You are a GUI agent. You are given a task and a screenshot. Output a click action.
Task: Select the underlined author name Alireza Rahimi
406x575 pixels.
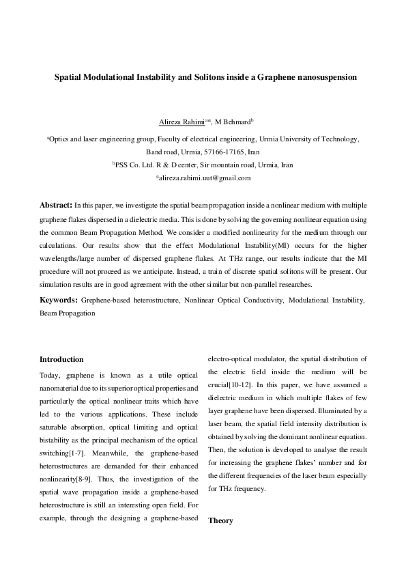click(x=181, y=122)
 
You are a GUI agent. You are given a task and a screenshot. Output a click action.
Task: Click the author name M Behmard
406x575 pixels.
click(x=232, y=122)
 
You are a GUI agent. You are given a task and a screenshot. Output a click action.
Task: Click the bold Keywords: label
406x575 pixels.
click(x=59, y=300)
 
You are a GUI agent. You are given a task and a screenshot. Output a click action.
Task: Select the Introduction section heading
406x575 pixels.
click(x=61, y=359)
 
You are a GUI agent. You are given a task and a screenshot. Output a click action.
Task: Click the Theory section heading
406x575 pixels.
click(x=220, y=520)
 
